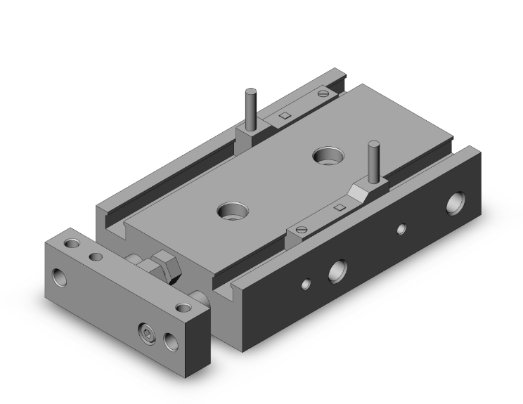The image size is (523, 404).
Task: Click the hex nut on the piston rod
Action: pyautogui.click(x=163, y=265)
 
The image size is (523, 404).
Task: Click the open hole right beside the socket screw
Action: pyautogui.click(x=170, y=341)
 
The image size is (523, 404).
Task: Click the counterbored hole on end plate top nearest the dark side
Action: pyautogui.click(x=183, y=307)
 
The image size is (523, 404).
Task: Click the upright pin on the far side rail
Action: pyautogui.click(x=250, y=107)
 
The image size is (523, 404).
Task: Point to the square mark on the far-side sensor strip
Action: pyautogui.click(x=285, y=115)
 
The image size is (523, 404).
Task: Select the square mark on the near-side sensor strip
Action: pyautogui.click(x=339, y=207)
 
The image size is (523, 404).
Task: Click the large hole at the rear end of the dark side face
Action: pyautogui.click(x=458, y=202)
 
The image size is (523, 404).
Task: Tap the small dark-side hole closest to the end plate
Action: pyautogui.click(x=306, y=284)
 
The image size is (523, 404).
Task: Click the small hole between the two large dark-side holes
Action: pyautogui.click(x=401, y=228)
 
